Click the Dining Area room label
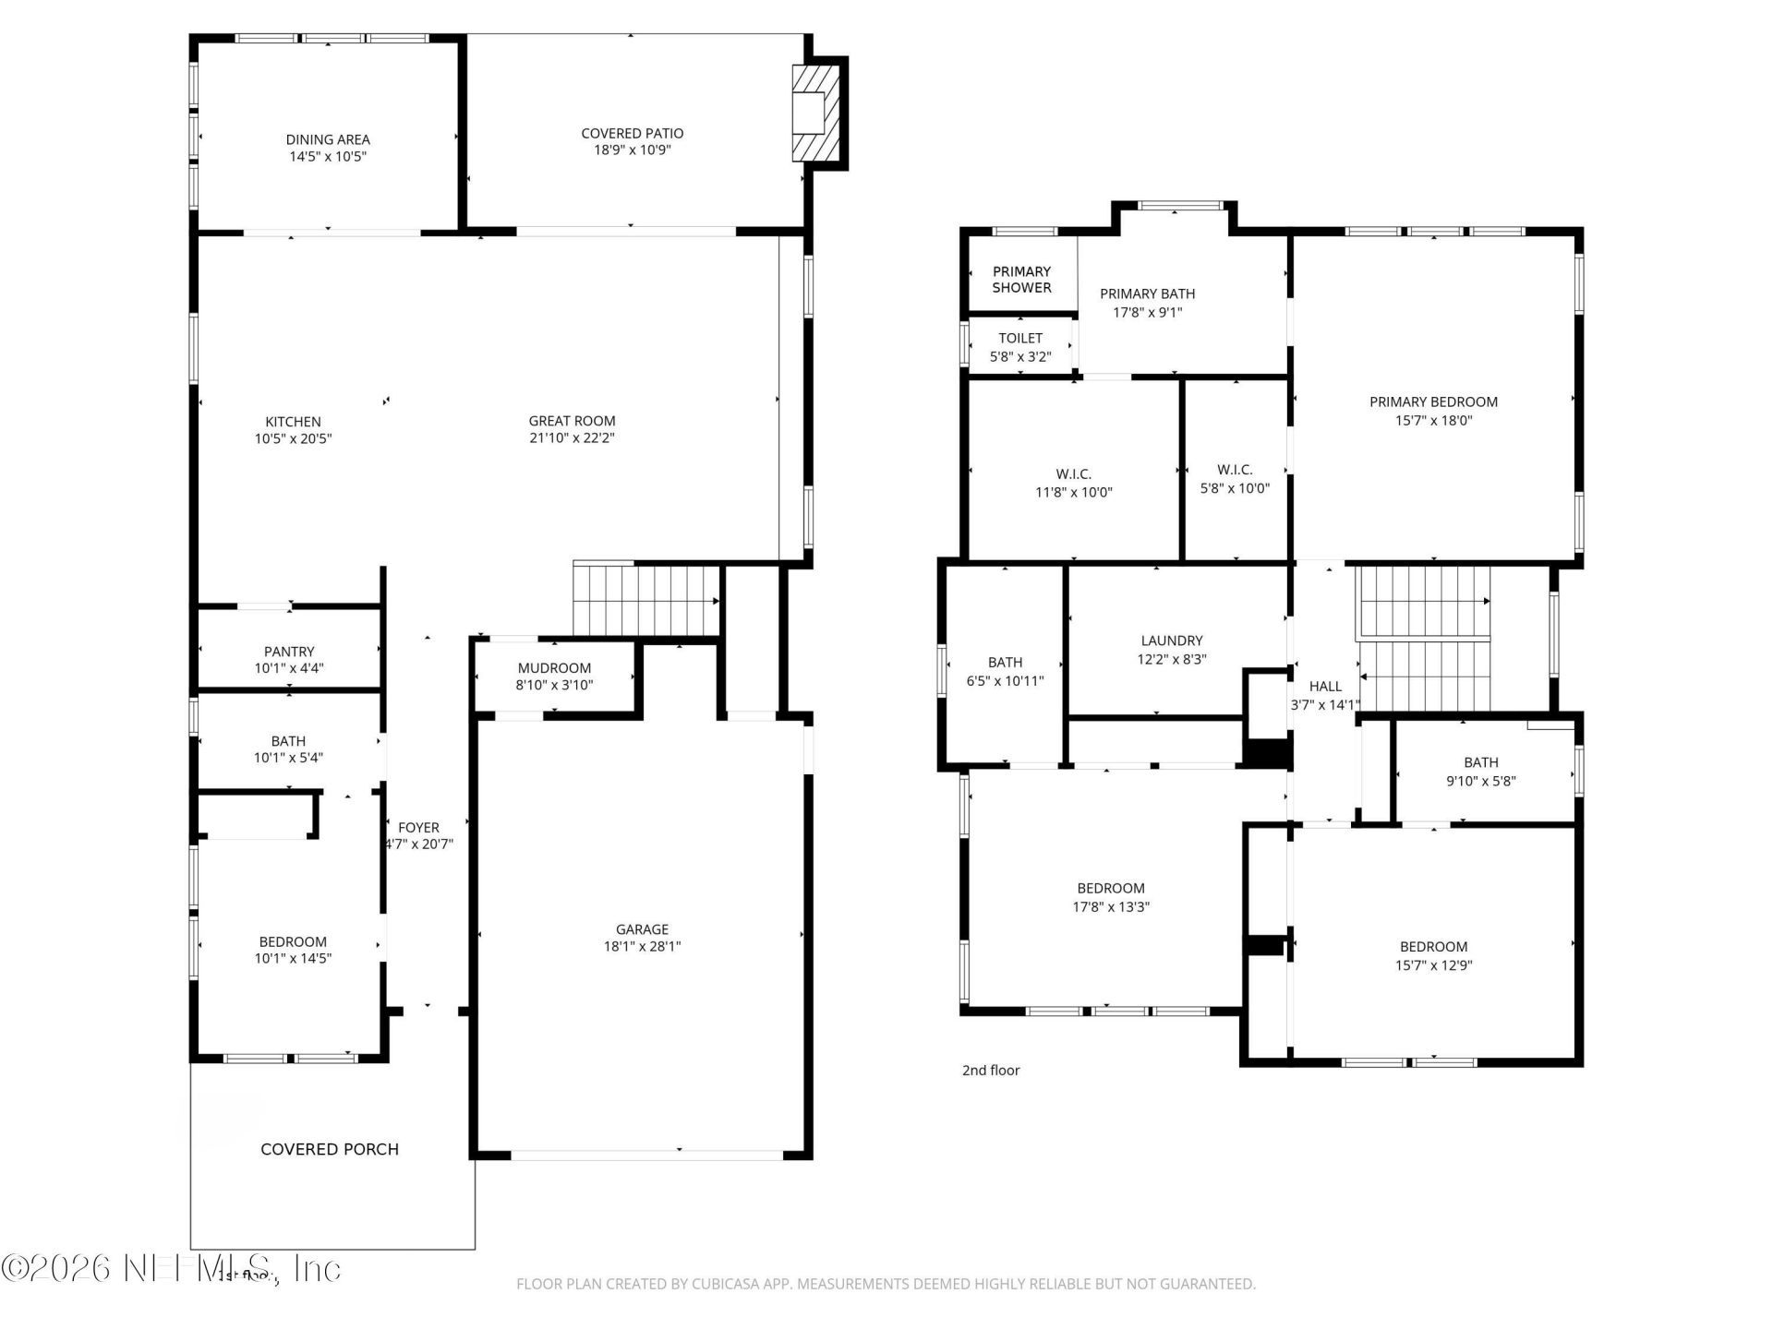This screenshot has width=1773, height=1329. [x=327, y=140]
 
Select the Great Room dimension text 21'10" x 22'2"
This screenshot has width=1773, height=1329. [x=572, y=438]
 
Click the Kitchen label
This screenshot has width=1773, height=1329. [x=293, y=422]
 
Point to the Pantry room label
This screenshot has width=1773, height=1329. [x=289, y=652]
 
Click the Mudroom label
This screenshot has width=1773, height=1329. [x=554, y=668]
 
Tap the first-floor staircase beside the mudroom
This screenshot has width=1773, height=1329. [x=645, y=600]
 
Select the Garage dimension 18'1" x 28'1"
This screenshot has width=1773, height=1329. [x=642, y=946]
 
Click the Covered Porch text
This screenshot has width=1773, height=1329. [x=330, y=1149]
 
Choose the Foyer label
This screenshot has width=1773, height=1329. [x=418, y=828]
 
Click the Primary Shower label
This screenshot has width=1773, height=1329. [x=1021, y=280]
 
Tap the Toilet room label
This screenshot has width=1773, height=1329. [x=1020, y=339]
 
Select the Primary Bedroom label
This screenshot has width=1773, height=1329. [x=1433, y=401]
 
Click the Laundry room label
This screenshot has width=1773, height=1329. [x=1172, y=641]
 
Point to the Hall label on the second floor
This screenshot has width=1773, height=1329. [x=1325, y=687]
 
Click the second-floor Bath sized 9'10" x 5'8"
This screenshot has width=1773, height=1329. [x=1480, y=772]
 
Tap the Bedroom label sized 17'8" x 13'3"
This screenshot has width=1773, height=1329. [x=1111, y=889]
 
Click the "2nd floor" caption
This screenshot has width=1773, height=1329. [x=991, y=1071]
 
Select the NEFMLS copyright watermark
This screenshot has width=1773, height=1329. [x=171, y=1268]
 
